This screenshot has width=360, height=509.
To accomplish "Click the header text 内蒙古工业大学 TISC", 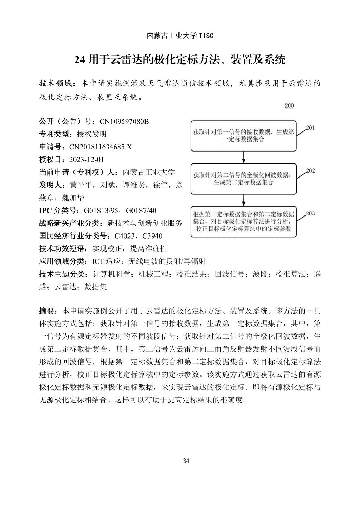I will pyautogui.click(x=180, y=36).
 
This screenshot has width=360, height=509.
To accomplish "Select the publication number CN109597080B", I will pyautogui.click(x=124, y=122).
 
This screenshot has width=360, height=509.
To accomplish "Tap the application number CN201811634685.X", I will pyautogui.click(x=101, y=147).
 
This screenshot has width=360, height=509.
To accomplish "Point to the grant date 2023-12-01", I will pyautogui.click(x=86, y=160).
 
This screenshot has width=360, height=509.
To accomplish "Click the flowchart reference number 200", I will pyautogui.click(x=289, y=106).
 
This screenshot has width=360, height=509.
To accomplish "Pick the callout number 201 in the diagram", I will pyautogui.click(x=310, y=128).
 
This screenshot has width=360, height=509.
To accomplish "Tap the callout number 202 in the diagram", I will pyautogui.click(x=310, y=171).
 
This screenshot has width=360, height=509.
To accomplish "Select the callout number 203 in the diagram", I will pyautogui.click(x=310, y=213).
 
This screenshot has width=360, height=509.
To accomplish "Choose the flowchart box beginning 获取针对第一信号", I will pyautogui.click(x=243, y=136).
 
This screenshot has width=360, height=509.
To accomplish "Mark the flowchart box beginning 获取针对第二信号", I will pyautogui.click(x=243, y=179).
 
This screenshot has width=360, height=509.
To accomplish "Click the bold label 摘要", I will pyautogui.click(x=47, y=311).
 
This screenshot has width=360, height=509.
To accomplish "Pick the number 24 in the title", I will pyautogui.click(x=80, y=60).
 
